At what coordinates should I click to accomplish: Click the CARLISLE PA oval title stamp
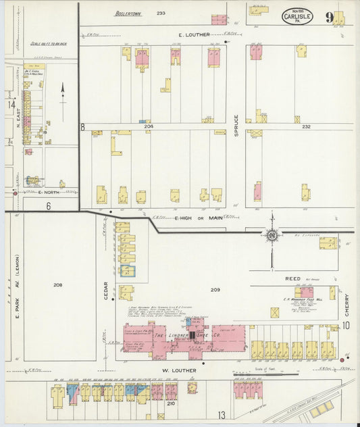pos(297,16)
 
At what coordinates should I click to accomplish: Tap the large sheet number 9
pos(328,16)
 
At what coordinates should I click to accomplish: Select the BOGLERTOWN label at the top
pos(126,13)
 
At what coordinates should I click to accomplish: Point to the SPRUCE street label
pos(236,125)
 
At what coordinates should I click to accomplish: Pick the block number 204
pos(148,126)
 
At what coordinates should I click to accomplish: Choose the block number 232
pos(306,126)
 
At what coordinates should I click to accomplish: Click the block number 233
pos(161,13)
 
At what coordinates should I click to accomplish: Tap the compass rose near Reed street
pos(272,235)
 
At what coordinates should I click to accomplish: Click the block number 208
pos(58,284)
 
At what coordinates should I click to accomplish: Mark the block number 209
pos(215,289)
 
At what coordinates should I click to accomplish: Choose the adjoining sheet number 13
pos(221,414)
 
